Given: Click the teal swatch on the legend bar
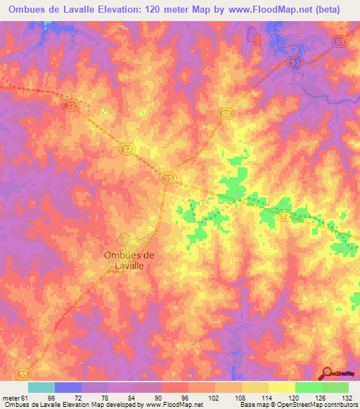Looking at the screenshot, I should [41, 387].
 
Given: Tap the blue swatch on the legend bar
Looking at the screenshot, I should [68, 387].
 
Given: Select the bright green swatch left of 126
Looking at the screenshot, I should [308, 387].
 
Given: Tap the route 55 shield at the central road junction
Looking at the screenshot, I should [167, 178].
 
